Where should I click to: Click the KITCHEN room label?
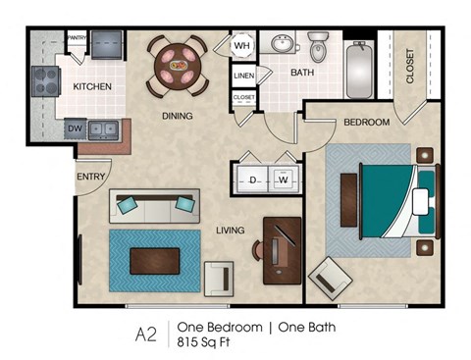click(x=92, y=86)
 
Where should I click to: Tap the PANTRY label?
click(x=78, y=37)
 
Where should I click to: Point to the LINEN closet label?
click(x=244, y=76)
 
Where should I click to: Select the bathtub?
click(x=360, y=71)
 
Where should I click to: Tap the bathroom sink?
click(x=286, y=44)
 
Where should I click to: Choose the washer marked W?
click(x=283, y=180)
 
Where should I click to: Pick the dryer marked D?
click(x=252, y=180)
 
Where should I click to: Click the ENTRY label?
click(x=91, y=177)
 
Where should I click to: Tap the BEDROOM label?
click(x=366, y=122)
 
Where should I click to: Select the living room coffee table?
click(x=154, y=260)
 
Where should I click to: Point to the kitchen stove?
click(x=46, y=80)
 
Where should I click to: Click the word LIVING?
click(x=231, y=231)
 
